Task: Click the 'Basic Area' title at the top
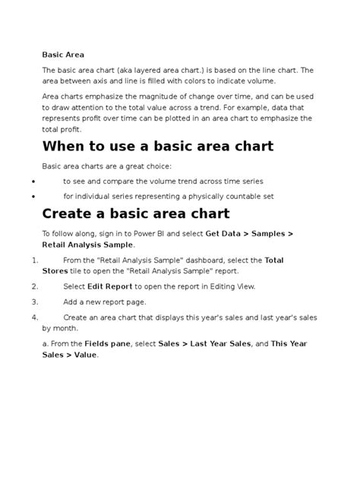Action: point(62,55)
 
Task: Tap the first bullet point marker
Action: point(35,182)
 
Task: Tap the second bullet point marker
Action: point(35,196)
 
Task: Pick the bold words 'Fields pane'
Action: point(107,343)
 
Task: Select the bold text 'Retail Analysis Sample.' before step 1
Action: point(88,245)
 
